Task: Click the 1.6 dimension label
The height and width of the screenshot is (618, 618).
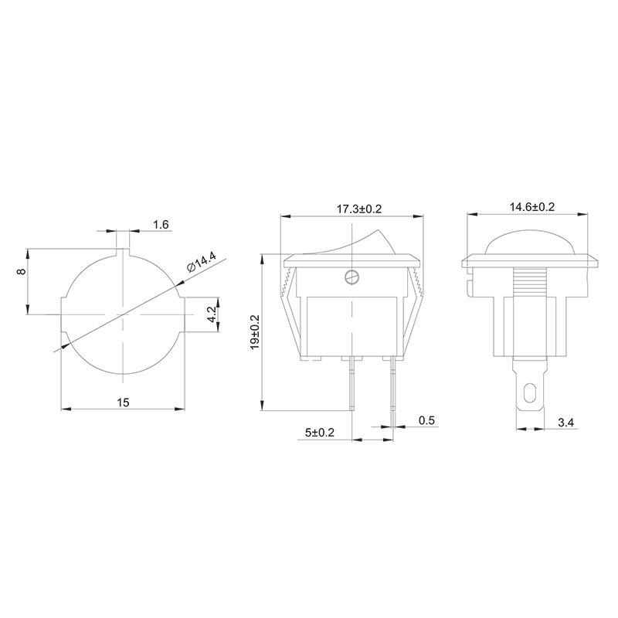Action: (161, 224)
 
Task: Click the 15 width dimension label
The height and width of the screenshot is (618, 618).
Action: (124, 402)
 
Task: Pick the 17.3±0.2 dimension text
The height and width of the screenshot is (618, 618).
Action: (353, 209)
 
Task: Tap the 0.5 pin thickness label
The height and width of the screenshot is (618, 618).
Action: (426, 420)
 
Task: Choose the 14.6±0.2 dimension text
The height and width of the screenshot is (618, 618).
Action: (532, 207)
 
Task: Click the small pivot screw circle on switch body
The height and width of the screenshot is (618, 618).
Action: (353, 276)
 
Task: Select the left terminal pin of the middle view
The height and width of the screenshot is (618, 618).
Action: (353, 382)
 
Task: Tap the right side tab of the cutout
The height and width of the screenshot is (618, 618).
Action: (188, 314)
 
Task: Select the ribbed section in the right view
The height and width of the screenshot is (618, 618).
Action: (530, 287)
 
